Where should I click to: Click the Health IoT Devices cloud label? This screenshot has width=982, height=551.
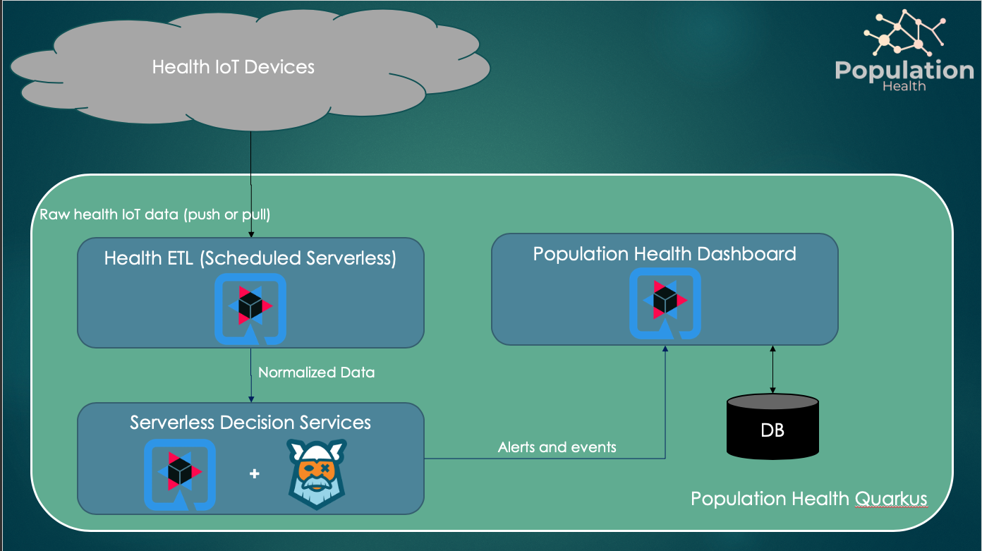234,68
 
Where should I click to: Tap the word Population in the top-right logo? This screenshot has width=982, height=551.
904,71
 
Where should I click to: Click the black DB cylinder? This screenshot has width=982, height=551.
772,426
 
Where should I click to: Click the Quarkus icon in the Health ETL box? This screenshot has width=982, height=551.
250,309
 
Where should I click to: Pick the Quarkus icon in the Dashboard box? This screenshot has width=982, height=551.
665,303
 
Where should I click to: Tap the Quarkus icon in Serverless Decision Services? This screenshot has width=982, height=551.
179,473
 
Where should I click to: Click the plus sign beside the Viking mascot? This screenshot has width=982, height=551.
255,474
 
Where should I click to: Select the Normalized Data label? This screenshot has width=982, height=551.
316,372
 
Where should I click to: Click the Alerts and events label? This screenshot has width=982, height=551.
557,447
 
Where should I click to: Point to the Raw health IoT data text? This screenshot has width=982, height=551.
154,214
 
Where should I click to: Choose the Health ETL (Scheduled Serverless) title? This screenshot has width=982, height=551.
250,258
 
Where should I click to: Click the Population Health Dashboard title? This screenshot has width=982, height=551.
664,254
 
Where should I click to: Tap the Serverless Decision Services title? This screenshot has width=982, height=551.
250,423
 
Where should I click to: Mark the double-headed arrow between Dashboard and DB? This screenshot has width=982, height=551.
772,369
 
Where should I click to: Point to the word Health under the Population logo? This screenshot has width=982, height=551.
904,86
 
